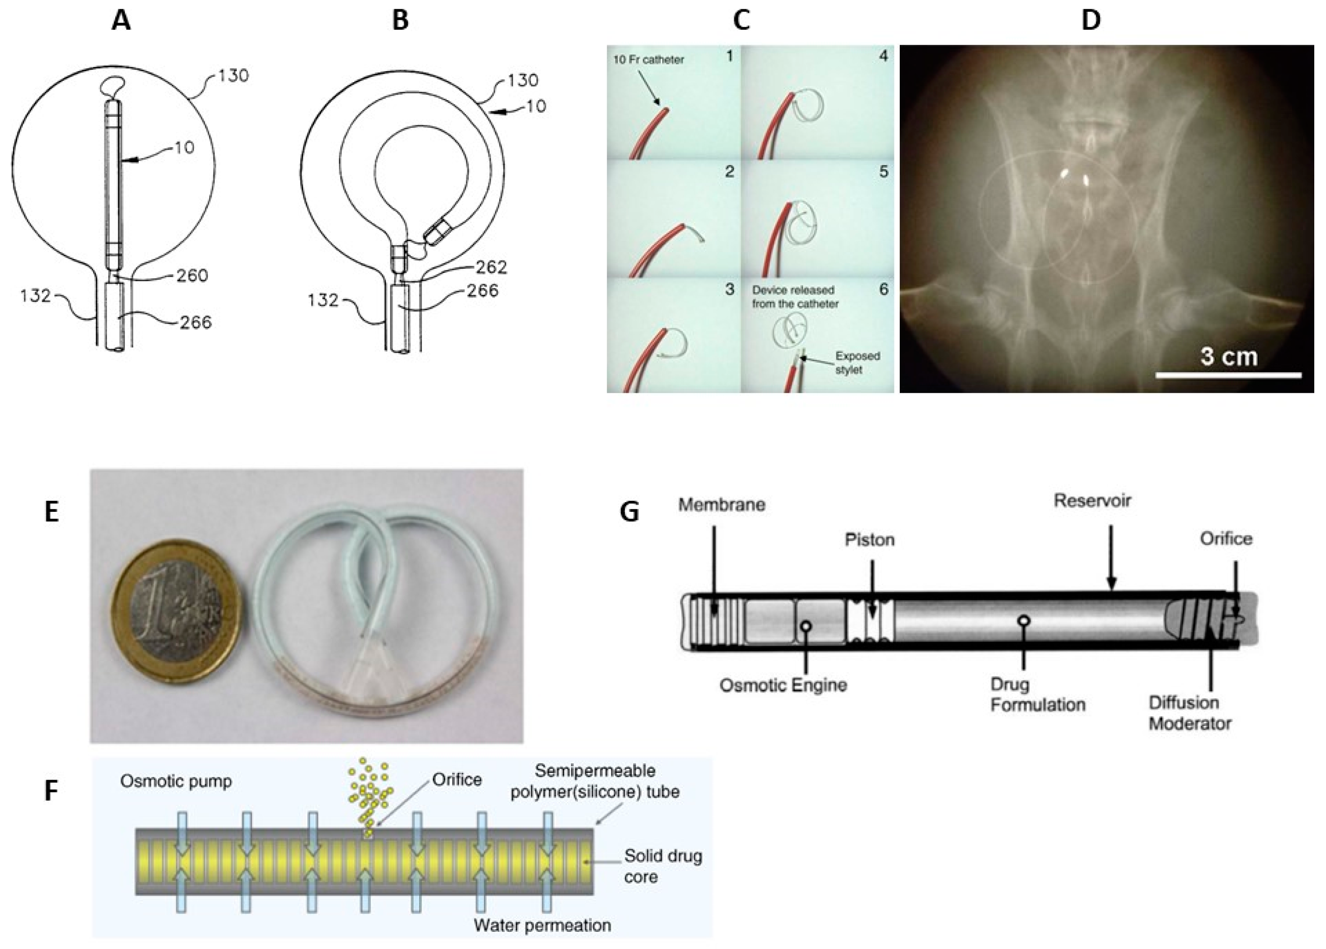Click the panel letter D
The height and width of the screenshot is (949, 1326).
pyautogui.click(x=1090, y=21)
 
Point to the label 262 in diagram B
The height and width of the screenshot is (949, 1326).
pyautogui.click(x=491, y=267)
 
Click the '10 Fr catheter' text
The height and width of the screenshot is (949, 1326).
pyautogui.click(x=648, y=60)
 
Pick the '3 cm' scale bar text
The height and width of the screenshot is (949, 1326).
pyautogui.click(x=1228, y=356)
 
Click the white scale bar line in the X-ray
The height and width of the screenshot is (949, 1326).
pyautogui.click(x=1228, y=375)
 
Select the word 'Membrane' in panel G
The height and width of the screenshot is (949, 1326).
pyautogui.click(x=721, y=505)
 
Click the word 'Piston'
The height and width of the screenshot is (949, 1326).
pyautogui.click(x=869, y=539)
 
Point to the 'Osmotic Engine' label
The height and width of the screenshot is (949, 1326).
pyautogui.click(x=783, y=685)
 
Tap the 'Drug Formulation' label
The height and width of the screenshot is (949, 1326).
pyautogui.click(x=1037, y=694)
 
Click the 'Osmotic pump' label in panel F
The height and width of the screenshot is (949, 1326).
pyautogui.click(x=176, y=781)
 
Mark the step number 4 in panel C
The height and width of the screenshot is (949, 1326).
pyautogui.click(x=883, y=56)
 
